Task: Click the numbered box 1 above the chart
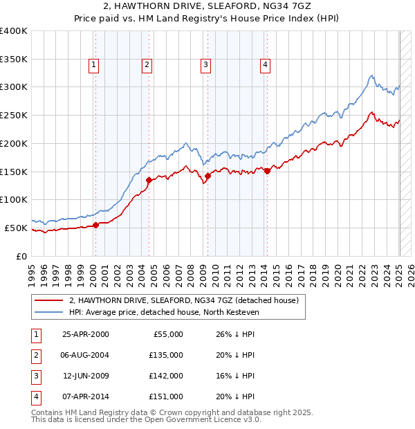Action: tap(93, 66)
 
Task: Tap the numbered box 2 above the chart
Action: tap(147, 66)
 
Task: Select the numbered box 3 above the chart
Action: tap(206, 66)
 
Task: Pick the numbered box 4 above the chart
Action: tap(265, 66)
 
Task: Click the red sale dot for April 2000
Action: tap(97, 224)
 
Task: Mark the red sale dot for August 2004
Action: tap(149, 180)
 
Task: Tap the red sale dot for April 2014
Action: tap(267, 171)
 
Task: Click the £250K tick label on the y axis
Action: tap(15, 115)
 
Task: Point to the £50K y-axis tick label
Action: tap(17, 228)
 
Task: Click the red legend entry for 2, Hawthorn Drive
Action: tap(183, 300)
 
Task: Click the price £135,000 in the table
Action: tap(167, 355)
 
